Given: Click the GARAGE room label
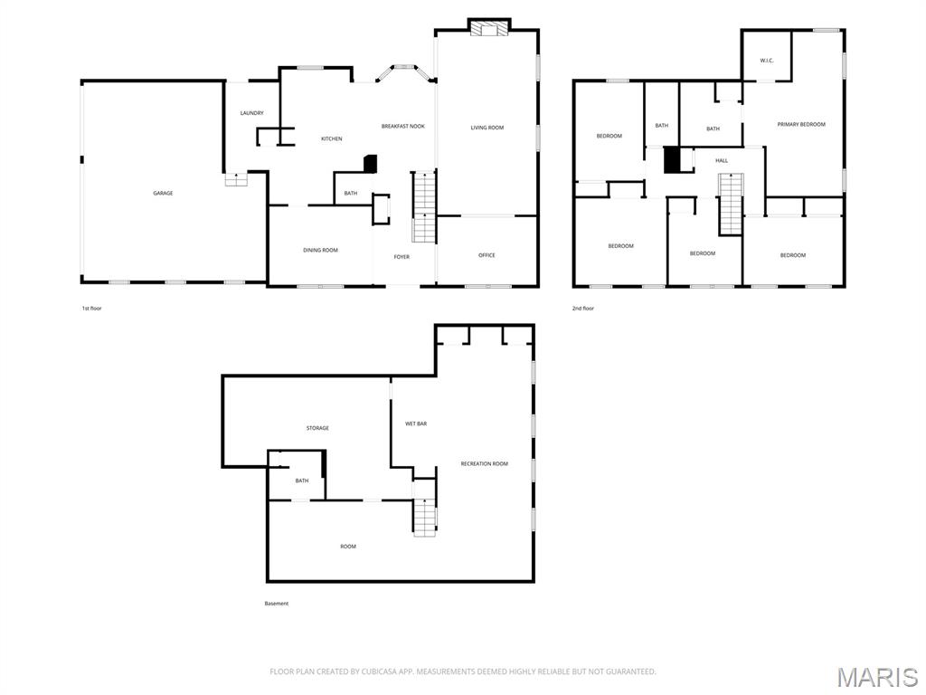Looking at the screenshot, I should pos(163,193).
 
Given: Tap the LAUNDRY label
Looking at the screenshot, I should pos(251,113).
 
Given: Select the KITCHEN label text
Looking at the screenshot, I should pos(332,138).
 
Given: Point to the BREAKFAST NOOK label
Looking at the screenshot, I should pos(402,127).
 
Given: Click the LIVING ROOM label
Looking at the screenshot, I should pos(487,128).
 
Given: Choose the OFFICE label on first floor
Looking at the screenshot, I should pos(487,255).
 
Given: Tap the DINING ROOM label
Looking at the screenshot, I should pos(320,250).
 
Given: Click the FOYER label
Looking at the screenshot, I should pos(402,257).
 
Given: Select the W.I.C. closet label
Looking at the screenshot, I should pos(766,61).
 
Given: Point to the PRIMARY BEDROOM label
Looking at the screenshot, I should pos(801,124).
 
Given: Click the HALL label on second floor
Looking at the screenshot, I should pos(722,160).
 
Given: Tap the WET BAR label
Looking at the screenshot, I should pos(416,424).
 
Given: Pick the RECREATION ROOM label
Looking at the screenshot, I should pos(484,463).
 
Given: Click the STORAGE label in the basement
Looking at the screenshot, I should pos(317,428).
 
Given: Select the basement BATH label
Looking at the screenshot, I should pos(302,481).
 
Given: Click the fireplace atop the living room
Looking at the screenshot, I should pos(489,28).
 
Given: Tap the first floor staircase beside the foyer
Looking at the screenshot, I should pos(424,207).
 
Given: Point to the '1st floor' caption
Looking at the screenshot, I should pos(91,309).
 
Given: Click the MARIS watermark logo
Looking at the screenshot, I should pos(876,677).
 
